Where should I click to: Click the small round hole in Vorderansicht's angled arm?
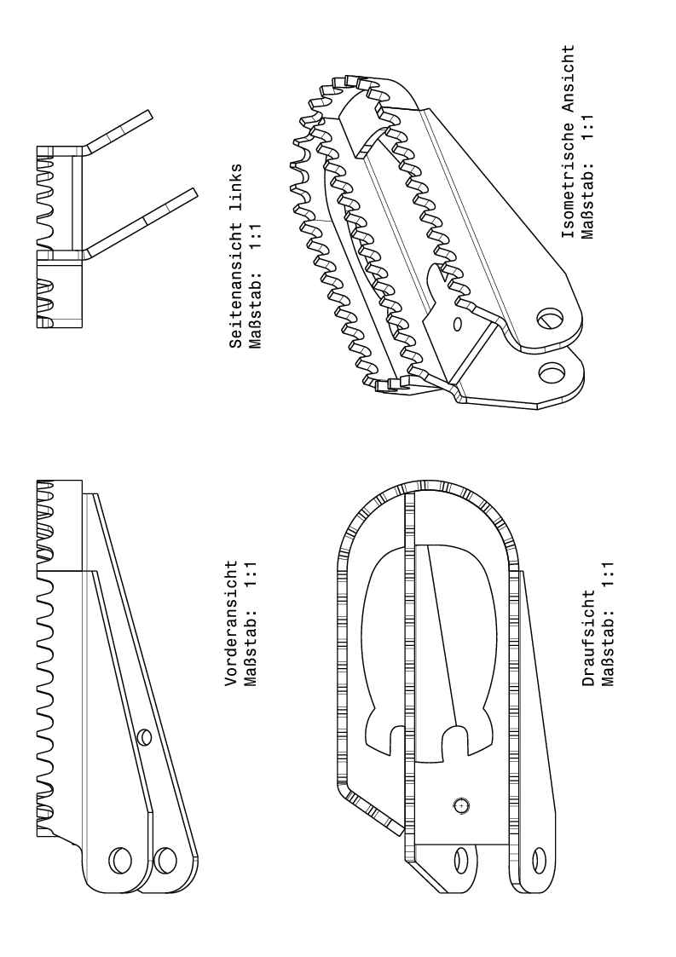[x=144, y=735]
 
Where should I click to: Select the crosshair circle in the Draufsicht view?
[x=461, y=804]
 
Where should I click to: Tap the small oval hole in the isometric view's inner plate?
[x=457, y=324]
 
